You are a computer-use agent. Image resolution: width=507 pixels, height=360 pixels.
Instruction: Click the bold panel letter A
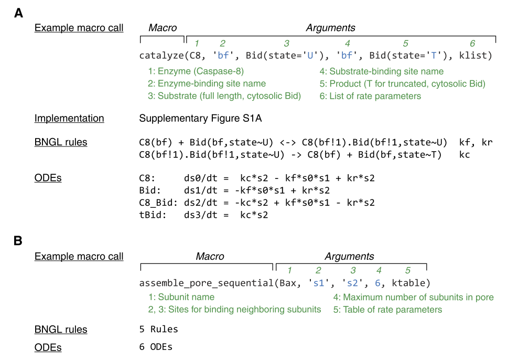pos(19,13)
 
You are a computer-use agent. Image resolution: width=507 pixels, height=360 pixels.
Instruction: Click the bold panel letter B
pos(18,241)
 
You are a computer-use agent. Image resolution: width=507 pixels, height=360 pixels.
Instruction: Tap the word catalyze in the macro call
pos(161,56)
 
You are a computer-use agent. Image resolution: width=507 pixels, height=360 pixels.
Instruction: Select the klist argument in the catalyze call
pos(473,55)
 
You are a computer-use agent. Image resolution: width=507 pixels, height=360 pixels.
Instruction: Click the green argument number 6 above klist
pos(472,44)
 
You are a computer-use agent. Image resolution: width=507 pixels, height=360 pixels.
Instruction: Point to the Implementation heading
pos(69,119)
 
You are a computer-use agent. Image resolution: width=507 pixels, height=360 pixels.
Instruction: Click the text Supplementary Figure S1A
pos(200,119)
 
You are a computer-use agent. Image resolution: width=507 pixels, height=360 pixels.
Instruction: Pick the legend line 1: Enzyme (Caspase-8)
pos(196,71)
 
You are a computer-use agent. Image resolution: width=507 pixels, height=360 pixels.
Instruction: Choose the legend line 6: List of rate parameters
pos(370,96)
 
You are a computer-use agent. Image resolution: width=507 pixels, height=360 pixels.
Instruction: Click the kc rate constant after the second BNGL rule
pos(465,155)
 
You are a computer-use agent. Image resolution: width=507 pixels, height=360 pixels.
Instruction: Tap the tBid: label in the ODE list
pos(153,215)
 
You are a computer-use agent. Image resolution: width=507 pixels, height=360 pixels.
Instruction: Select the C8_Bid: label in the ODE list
pos(158,203)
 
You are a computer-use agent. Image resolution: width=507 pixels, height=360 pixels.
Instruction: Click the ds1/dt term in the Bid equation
pos(201,190)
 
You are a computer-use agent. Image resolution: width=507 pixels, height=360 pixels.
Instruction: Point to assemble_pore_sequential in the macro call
pos(206,283)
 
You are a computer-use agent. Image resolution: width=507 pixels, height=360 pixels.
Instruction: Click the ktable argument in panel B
pos(409,283)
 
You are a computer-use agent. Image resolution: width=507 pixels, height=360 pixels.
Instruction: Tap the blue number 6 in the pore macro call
pos(377,283)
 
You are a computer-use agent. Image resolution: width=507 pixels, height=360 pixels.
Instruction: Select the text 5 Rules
pos(158,329)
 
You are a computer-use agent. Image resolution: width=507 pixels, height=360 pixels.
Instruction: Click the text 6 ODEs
pos(156,347)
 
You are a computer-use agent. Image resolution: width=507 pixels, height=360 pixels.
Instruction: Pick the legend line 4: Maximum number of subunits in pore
pos(414,297)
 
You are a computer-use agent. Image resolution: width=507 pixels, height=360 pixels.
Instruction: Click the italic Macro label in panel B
pos(210,257)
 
